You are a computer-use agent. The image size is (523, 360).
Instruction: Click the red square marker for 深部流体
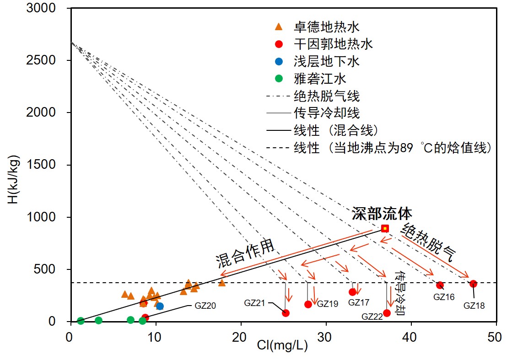[x=385, y=228]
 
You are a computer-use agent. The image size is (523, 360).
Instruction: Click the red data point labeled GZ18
[x=473, y=284]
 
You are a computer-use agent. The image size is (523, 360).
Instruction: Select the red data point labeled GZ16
[x=440, y=285]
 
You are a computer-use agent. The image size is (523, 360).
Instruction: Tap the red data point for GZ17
[x=352, y=292]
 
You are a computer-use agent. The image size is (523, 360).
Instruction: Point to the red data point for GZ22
[x=387, y=313]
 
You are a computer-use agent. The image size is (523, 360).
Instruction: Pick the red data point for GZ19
[x=308, y=304]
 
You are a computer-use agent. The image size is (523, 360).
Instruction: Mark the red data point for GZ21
[x=286, y=313]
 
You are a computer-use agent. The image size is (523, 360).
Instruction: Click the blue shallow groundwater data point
[x=160, y=306]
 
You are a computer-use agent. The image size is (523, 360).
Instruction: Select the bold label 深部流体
[x=382, y=214]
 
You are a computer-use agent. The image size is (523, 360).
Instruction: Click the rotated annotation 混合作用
[x=245, y=254]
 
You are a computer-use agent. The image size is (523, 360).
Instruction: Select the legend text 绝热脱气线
[x=326, y=96]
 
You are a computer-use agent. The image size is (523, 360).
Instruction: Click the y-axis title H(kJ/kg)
[x=15, y=174]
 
